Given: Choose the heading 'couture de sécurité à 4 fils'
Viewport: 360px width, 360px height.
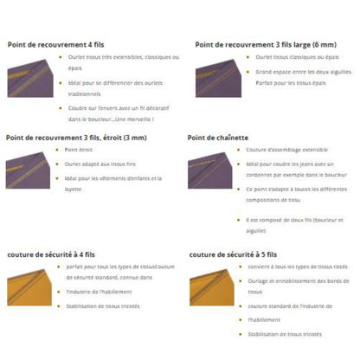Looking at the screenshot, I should point(50,254).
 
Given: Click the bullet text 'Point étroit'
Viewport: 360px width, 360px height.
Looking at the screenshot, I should point(80,150).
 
